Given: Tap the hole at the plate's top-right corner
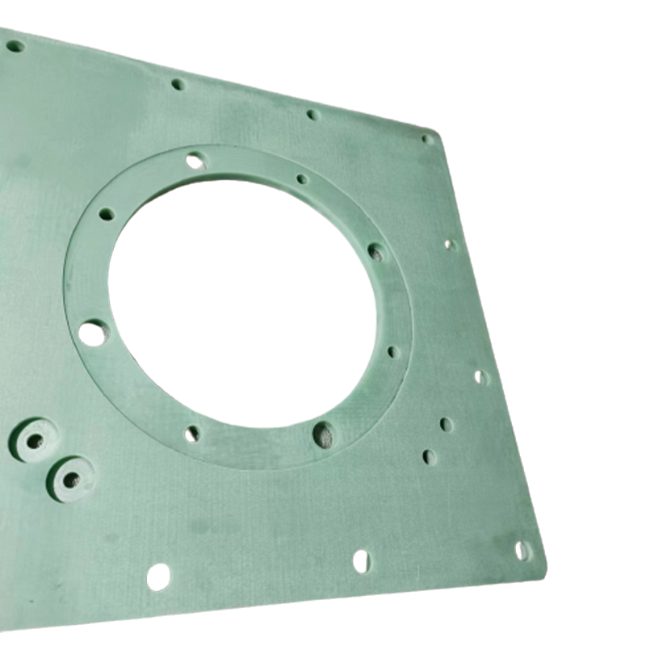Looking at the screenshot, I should click(x=428, y=139).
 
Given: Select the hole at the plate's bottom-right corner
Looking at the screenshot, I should click(x=522, y=551).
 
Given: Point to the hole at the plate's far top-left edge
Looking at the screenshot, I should click(x=15, y=46).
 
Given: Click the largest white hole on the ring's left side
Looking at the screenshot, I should click(x=94, y=332).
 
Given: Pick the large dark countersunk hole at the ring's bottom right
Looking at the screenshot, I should click(x=323, y=434).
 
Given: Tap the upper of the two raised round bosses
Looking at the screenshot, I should click(x=35, y=441).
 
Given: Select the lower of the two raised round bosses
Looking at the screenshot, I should click(x=71, y=479).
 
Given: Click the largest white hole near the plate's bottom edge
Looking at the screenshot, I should click(x=158, y=577).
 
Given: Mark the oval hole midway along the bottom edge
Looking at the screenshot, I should click(x=362, y=560).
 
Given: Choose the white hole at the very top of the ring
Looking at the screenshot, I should click(x=195, y=161).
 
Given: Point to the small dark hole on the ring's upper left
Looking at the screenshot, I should click(x=107, y=214).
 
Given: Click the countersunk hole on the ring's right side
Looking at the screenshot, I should click(x=377, y=252).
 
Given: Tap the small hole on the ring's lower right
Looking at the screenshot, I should click(x=393, y=352).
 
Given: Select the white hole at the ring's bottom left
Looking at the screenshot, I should click(x=191, y=434).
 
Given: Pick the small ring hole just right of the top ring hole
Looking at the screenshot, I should click(x=302, y=179).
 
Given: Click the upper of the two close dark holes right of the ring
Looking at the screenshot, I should click(x=446, y=424).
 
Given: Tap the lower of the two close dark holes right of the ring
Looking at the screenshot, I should click(x=430, y=457).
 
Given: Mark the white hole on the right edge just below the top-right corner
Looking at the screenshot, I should click(x=450, y=244).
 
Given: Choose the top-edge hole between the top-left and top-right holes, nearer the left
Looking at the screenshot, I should click(x=178, y=84).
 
